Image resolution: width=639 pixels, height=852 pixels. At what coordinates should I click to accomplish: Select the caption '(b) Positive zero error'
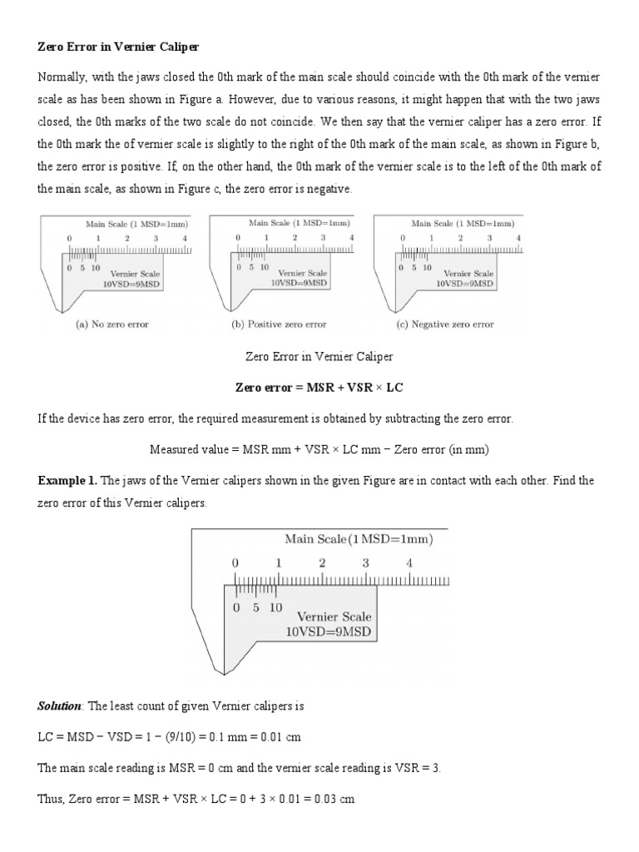pyautogui.click(x=279, y=324)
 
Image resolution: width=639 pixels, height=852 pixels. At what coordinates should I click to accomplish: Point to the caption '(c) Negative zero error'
pyautogui.click(x=446, y=324)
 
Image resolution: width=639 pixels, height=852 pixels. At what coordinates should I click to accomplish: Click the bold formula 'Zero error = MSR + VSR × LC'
pyautogui.click(x=319, y=388)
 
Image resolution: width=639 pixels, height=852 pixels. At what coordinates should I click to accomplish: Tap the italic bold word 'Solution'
pyautogui.click(x=60, y=706)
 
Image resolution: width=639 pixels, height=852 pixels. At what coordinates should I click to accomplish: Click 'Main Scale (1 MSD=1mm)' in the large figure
pyautogui.click(x=359, y=539)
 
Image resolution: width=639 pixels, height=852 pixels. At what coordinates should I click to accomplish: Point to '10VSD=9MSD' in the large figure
pyautogui.click(x=329, y=632)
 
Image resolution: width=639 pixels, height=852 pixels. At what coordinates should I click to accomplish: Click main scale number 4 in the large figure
pyautogui.click(x=409, y=563)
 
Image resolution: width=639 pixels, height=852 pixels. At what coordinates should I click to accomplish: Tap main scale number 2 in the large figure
pyautogui.click(x=322, y=563)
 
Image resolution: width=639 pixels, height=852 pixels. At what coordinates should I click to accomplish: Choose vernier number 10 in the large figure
pyautogui.click(x=275, y=607)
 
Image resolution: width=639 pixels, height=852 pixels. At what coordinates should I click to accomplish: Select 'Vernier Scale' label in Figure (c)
pyautogui.click(x=468, y=273)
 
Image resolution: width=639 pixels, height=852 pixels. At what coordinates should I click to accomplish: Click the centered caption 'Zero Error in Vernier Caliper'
pyautogui.click(x=319, y=356)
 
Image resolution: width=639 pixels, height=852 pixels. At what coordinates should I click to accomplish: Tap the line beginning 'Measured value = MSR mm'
pyautogui.click(x=319, y=449)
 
